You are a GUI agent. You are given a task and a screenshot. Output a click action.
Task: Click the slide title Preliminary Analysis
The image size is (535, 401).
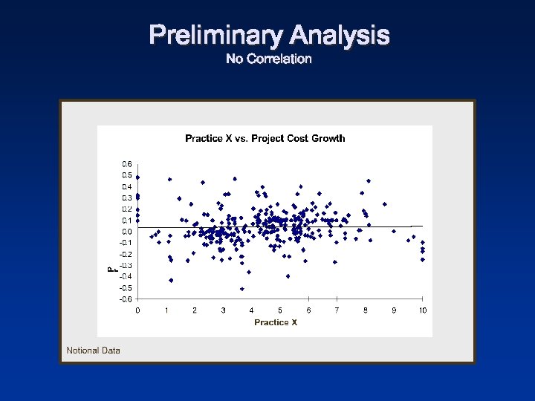click(x=268, y=35)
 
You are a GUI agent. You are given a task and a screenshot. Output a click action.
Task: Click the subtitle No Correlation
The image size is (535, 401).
click(x=268, y=59)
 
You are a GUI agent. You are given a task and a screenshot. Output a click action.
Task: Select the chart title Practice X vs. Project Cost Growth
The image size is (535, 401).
click(x=265, y=138)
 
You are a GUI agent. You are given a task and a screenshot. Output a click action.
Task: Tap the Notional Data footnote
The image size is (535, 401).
click(x=93, y=351)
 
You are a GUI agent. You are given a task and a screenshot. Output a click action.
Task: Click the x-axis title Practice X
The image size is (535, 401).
click(x=276, y=322)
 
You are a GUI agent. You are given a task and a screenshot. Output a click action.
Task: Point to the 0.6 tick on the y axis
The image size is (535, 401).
click(x=127, y=164)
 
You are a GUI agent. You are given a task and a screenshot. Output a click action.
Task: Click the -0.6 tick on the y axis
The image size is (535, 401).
click(x=126, y=299)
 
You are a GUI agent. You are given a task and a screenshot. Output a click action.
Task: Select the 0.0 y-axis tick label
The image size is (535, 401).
click(x=127, y=232)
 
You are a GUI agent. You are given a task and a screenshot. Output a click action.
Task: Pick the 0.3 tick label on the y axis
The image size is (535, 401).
click(x=127, y=198)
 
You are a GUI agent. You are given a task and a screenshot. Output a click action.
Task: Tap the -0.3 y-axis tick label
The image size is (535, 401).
click(x=126, y=265)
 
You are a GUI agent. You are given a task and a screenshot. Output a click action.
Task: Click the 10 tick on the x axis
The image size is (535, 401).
click(x=422, y=310)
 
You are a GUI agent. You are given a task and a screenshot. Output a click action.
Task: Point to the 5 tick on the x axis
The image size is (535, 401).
click(x=280, y=310)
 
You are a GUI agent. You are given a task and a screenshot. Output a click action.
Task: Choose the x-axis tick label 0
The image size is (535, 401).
click(x=137, y=310)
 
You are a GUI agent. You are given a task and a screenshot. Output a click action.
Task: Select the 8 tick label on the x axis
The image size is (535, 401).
click(x=366, y=310)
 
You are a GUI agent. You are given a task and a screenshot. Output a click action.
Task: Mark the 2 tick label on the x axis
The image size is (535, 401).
click(x=195, y=310)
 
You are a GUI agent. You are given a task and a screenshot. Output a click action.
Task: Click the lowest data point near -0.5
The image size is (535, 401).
click(x=242, y=289)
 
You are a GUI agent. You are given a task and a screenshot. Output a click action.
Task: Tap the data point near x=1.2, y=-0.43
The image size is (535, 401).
click(x=171, y=280)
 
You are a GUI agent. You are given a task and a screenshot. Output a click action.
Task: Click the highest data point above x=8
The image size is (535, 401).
click(x=369, y=180)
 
